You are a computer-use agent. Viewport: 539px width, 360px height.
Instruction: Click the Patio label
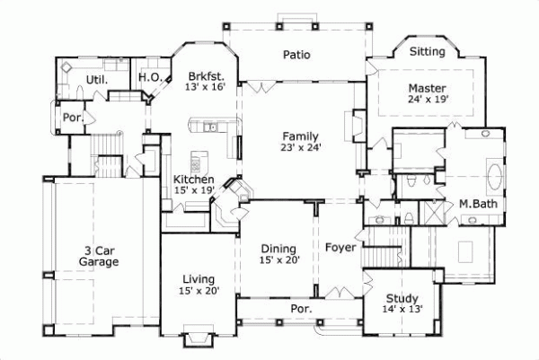click(x=296, y=55)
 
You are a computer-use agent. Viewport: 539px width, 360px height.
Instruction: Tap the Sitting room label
click(x=427, y=52)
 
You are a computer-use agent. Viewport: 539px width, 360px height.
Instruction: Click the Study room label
click(x=402, y=298)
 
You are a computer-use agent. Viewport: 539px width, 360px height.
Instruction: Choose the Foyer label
click(x=340, y=246)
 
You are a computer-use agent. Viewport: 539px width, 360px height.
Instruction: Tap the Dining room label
click(x=278, y=248)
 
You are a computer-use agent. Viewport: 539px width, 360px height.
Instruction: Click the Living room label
click(x=199, y=278)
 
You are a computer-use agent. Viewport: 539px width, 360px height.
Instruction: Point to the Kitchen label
click(x=193, y=180)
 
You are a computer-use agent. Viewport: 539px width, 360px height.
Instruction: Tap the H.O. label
click(x=150, y=78)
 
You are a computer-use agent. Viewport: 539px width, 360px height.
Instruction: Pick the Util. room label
click(x=96, y=80)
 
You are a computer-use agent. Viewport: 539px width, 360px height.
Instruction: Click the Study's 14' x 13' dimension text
click(x=402, y=310)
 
